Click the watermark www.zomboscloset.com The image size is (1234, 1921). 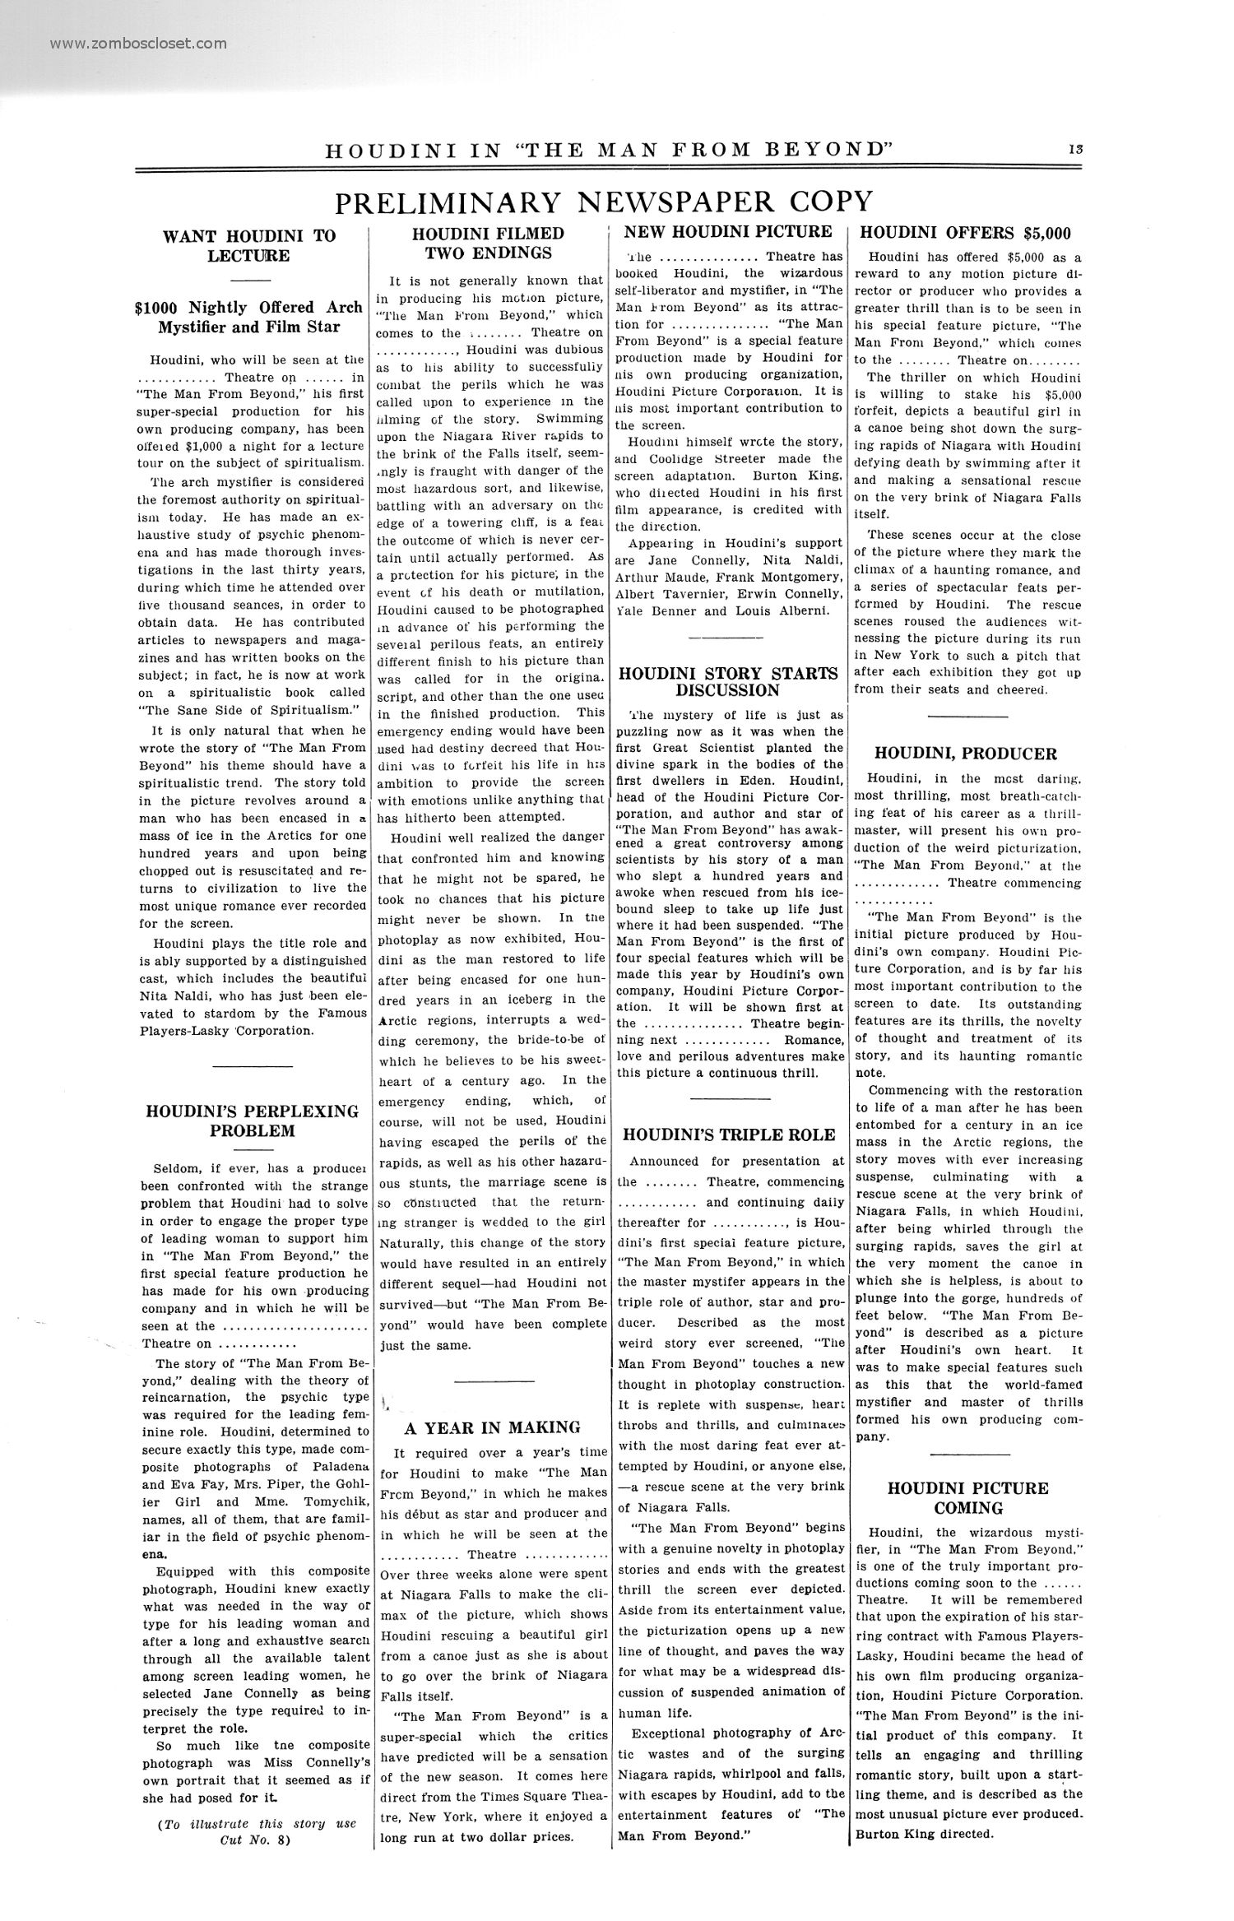[137, 44]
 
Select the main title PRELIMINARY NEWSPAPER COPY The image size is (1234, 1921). [604, 202]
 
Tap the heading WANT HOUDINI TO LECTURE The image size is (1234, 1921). [249, 245]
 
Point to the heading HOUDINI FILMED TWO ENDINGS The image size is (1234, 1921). [488, 243]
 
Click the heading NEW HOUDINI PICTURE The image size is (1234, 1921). [728, 231]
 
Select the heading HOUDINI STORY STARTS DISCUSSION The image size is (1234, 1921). [728, 681]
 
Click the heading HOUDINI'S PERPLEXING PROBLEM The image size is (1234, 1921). [252, 1121]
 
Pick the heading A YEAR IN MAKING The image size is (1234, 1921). [492, 1427]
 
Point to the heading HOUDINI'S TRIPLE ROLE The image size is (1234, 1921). [729, 1135]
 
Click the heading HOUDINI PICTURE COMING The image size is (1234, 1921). [968, 1497]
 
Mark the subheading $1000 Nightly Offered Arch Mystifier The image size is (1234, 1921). [249, 317]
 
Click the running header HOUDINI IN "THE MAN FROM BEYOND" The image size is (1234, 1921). [610, 151]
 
